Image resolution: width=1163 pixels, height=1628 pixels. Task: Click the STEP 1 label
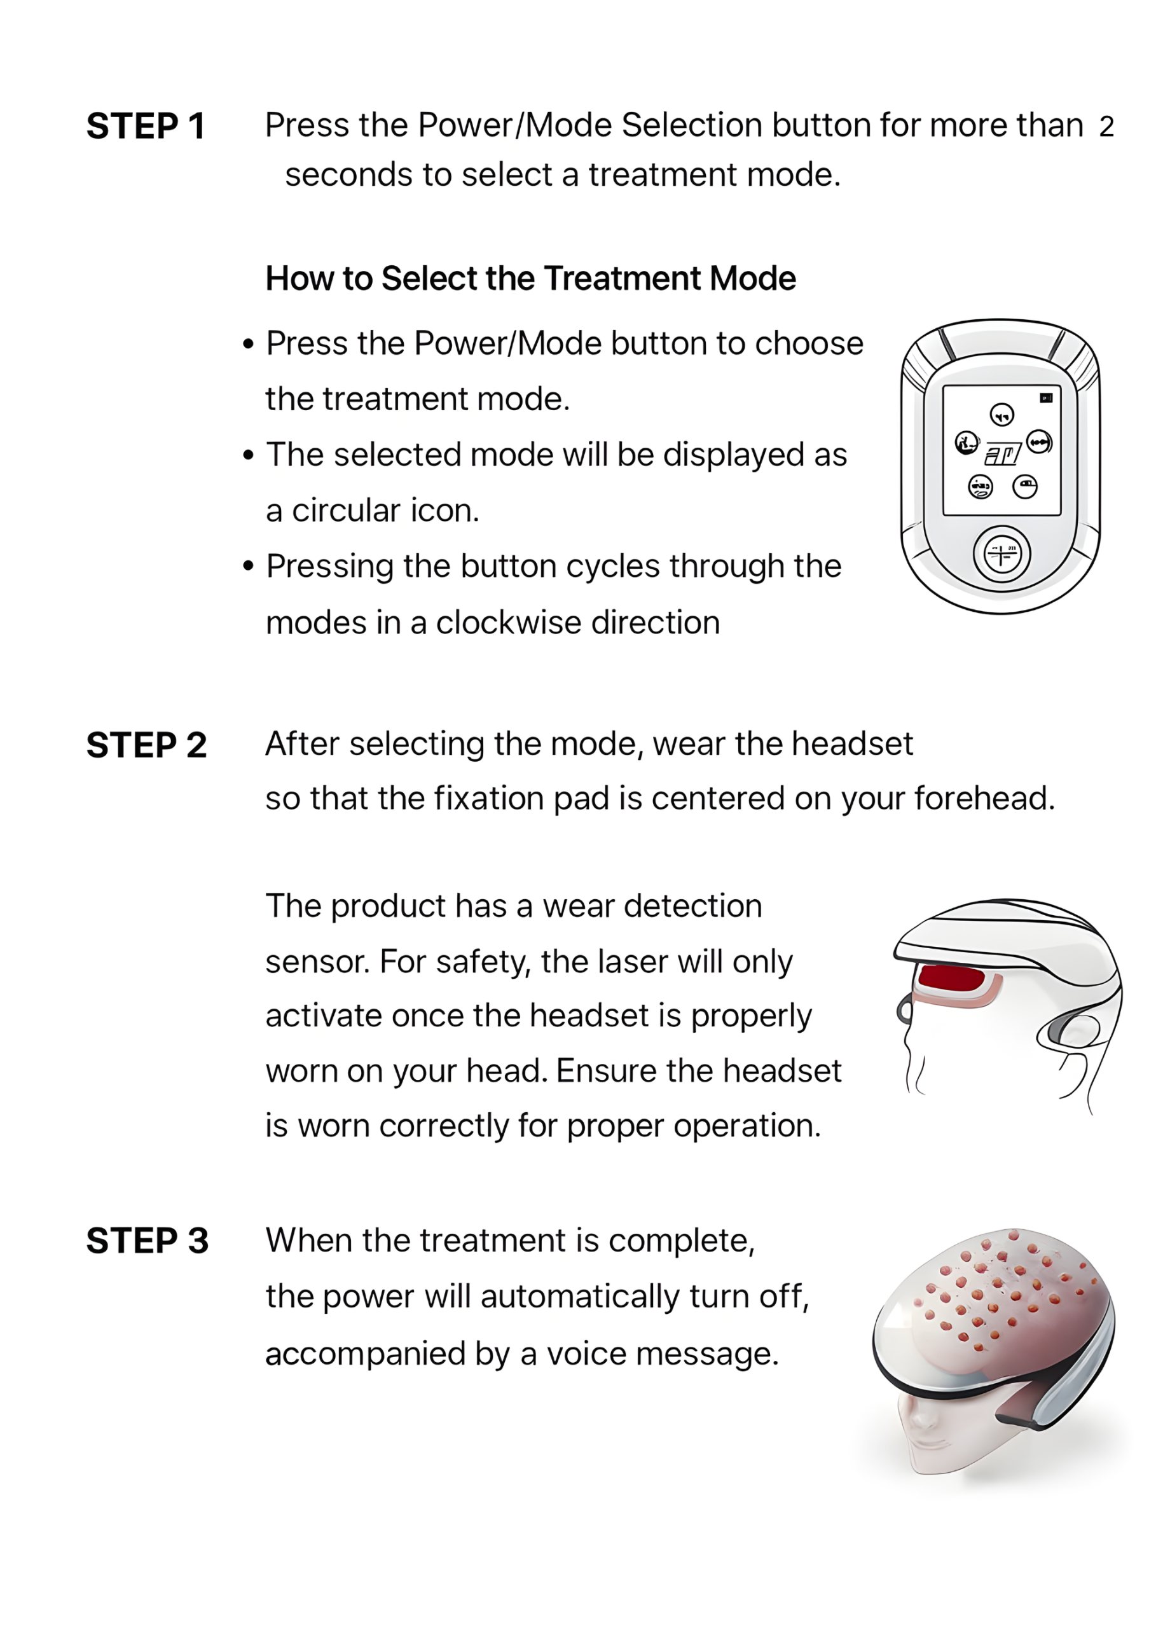point(146,127)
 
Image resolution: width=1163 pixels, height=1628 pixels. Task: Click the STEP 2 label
point(146,745)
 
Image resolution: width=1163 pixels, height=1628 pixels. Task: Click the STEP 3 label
point(147,1241)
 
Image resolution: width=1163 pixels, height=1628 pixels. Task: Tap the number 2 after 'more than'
point(1106,127)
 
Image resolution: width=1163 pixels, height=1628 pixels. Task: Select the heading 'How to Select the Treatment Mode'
point(530,279)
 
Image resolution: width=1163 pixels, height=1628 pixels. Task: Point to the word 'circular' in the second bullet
point(347,511)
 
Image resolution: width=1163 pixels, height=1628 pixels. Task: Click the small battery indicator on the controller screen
point(1045,397)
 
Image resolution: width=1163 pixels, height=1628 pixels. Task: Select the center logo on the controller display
point(1003,453)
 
